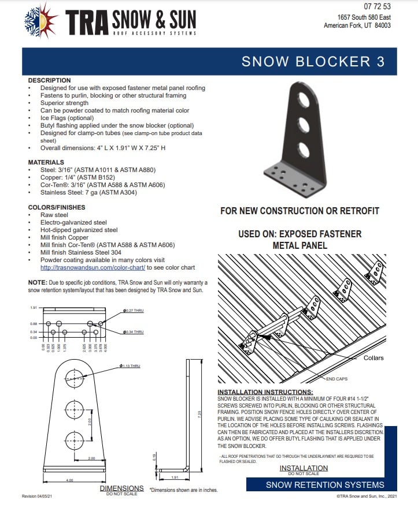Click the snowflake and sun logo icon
42,20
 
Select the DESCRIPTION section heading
49,80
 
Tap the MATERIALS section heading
46,163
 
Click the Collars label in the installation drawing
373,358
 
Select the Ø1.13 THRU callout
130,366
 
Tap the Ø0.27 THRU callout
134,311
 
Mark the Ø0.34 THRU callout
134,332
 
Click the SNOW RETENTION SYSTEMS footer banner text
324,485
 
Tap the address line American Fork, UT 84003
357,25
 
